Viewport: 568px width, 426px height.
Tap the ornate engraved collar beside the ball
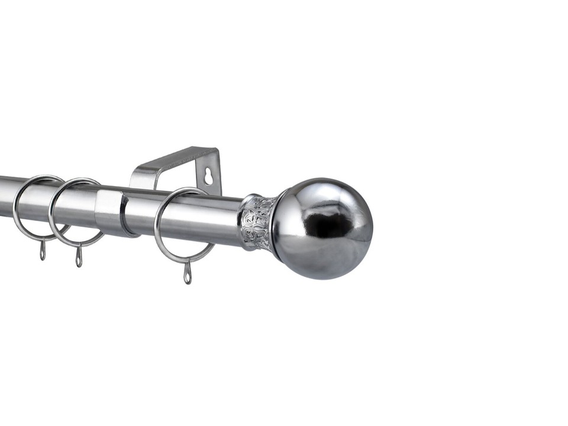(258, 222)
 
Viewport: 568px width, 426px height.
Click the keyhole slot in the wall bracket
(208, 175)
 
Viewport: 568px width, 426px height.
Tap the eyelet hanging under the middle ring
(79, 258)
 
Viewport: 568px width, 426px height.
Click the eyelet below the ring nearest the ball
(188, 274)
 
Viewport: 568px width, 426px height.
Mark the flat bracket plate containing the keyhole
(209, 172)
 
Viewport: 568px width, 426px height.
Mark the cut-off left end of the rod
(4, 196)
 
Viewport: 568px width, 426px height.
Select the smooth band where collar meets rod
(243, 222)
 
